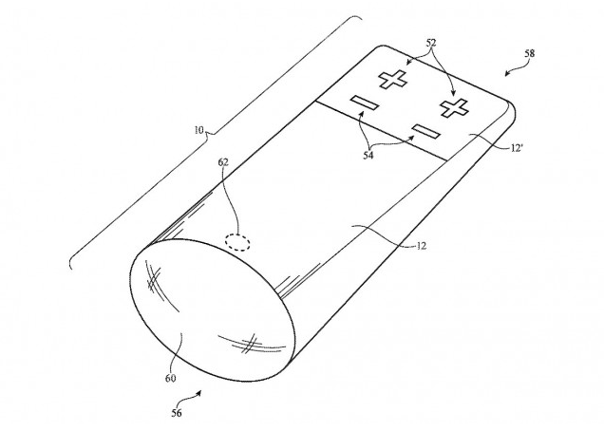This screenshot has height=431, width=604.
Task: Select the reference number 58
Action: pyautogui.click(x=530, y=54)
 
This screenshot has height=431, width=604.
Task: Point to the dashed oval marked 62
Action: pyautogui.click(x=237, y=241)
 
